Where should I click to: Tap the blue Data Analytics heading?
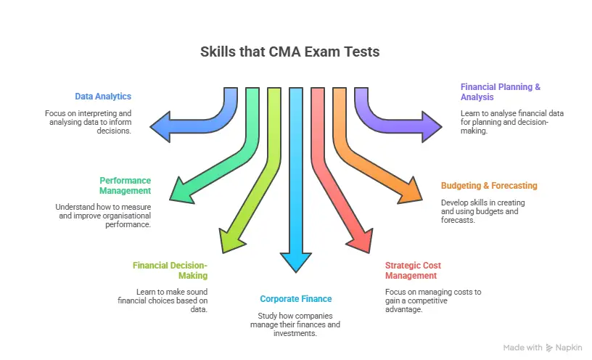click(103, 96)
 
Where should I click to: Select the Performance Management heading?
click(125, 185)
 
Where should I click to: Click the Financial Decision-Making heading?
click(170, 270)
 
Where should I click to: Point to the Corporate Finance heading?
click(295, 298)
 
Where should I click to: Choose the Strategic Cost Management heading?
click(413, 270)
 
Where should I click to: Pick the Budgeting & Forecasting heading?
click(489, 185)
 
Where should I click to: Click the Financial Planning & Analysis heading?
click(500, 91)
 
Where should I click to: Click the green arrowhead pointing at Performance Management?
click(183, 190)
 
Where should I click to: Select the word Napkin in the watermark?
click(570, 348)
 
